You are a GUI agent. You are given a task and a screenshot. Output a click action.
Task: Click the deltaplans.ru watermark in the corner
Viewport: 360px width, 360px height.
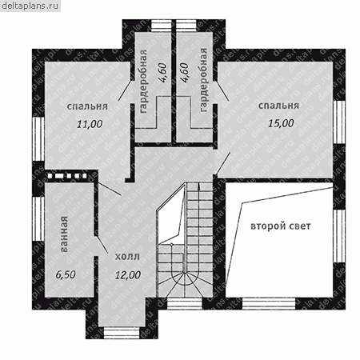click(30, 6)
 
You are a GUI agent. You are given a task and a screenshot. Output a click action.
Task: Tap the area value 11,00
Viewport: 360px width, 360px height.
click(90, 124)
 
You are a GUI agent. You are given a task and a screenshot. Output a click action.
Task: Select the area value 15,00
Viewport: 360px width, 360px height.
click(281, 123)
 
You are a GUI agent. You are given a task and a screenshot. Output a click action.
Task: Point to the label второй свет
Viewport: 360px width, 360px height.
click(281, 226)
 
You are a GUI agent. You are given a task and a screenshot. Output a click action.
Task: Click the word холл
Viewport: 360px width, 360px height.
click(127, 257)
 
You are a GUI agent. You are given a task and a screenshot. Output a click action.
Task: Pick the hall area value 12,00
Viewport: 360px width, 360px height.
click(128, 275)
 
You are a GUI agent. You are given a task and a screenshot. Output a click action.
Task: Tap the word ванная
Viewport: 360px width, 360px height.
click(64, 234)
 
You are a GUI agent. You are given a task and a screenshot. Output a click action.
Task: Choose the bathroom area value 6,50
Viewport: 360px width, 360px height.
click(66, 274)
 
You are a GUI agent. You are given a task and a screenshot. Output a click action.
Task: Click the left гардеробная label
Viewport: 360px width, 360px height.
click(143, 81)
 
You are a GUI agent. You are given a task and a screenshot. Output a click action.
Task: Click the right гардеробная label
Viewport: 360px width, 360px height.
click(203, 80)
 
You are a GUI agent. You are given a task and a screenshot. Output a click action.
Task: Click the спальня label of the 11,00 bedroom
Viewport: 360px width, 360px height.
click(87, 106)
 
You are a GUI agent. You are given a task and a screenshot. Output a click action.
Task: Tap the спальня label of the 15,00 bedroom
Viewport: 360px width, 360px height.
click(278, 106)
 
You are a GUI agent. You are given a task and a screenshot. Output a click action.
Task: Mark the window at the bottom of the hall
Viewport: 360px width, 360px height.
click(122, 333)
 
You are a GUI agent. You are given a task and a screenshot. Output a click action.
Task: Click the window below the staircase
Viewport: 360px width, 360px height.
click(185, 303)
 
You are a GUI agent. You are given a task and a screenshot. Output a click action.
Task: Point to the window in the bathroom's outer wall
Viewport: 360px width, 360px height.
click(38, 218)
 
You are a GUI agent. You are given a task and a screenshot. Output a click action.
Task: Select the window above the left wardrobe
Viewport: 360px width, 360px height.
click(162, 26)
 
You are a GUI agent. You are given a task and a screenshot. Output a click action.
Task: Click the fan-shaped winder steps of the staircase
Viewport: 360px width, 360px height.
click(185, 283)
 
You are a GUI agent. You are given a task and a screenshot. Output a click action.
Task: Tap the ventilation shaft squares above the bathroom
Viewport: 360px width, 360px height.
click(66, 176)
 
